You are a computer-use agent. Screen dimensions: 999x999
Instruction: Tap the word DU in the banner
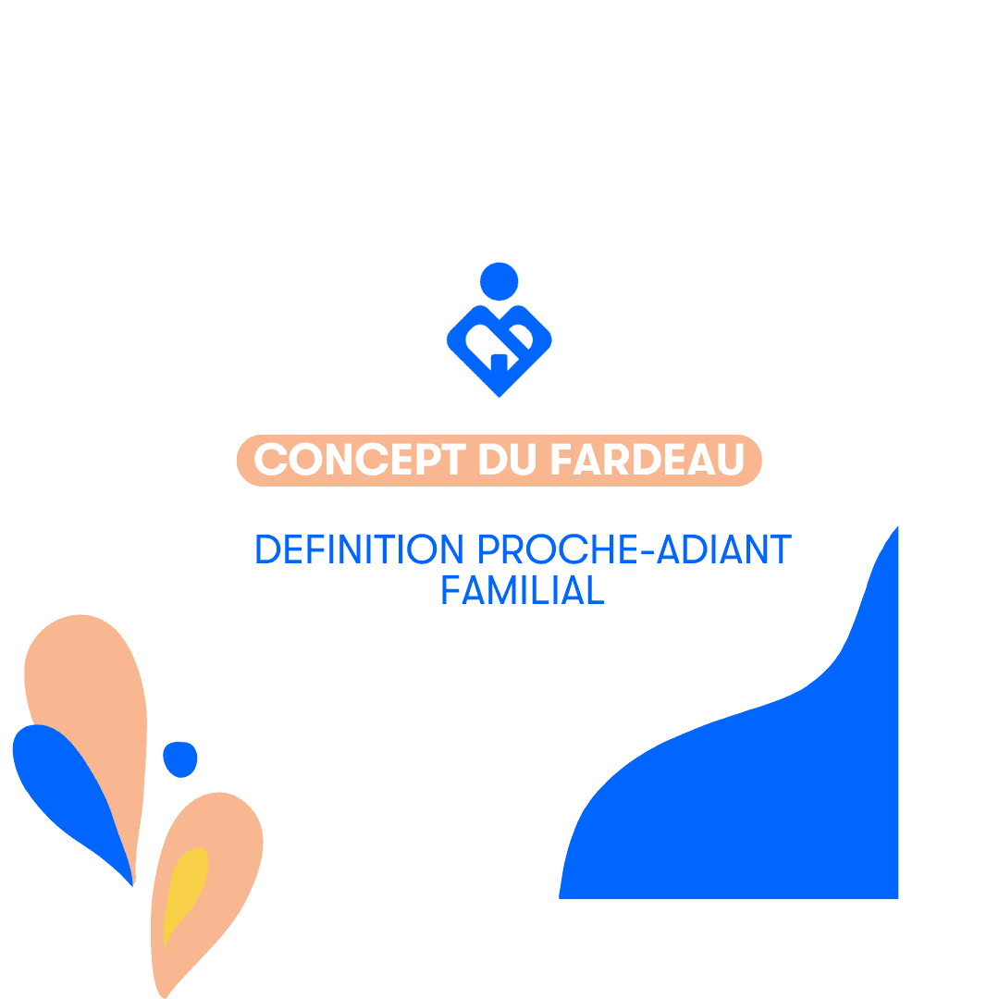tap(508, 460)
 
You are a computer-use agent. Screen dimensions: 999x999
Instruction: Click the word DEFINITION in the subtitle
tap(359, 549)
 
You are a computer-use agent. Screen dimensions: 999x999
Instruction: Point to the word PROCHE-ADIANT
tap(635, 549)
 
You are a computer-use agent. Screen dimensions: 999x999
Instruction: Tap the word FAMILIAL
tap(523, 590)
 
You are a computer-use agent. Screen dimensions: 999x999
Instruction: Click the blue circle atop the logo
tap(499, 281)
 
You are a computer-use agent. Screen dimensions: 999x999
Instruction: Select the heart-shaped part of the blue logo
tap(499, 347)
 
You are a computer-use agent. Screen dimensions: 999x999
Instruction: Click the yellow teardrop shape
tap(186, 888)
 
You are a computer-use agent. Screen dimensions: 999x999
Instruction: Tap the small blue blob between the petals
tap(179, 758)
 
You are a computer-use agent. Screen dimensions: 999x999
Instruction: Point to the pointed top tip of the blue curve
tap(896, 528)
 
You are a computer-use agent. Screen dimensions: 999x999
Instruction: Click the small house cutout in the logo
tap(499, 362)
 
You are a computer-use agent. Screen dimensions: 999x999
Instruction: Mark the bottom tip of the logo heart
tap(499, 395)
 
